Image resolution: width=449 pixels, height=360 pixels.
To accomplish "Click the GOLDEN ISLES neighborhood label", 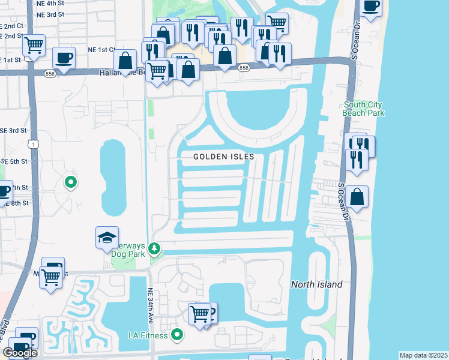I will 224,157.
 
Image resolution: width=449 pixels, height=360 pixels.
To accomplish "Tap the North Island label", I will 316,284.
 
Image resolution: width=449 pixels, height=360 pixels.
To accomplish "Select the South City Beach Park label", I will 363,109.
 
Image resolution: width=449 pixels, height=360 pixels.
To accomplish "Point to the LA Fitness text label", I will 146,335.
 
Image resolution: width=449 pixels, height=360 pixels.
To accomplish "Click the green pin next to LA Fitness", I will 176,334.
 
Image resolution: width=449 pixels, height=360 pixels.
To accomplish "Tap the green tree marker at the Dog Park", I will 155,247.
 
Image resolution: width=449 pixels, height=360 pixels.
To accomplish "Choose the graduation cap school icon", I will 107,238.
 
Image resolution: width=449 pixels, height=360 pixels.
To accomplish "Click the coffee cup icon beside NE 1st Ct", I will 64,58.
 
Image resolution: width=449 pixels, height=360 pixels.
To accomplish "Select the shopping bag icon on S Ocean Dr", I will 357,197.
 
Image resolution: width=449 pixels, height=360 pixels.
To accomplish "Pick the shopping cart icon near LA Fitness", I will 199,313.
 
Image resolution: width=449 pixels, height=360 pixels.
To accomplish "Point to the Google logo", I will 20,353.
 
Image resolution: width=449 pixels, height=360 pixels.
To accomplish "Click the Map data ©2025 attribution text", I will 423,355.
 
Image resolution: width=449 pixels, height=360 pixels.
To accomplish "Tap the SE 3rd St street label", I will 13,130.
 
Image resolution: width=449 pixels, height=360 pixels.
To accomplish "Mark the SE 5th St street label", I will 13,161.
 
